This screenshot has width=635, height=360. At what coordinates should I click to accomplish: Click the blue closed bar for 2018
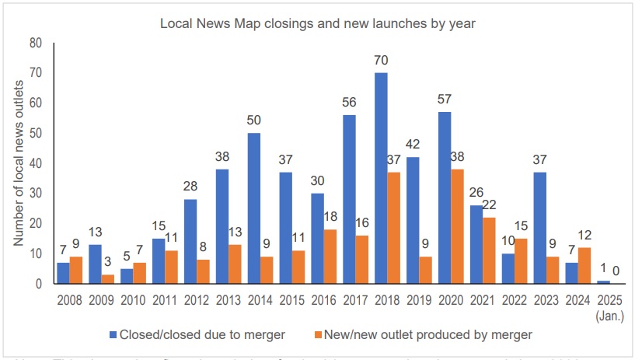point(381,179)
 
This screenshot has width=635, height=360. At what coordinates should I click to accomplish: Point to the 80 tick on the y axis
point(36,43)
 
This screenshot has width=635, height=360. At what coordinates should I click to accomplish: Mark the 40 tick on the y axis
point(36,163)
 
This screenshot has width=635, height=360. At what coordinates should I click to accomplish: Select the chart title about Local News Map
point(317,23)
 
